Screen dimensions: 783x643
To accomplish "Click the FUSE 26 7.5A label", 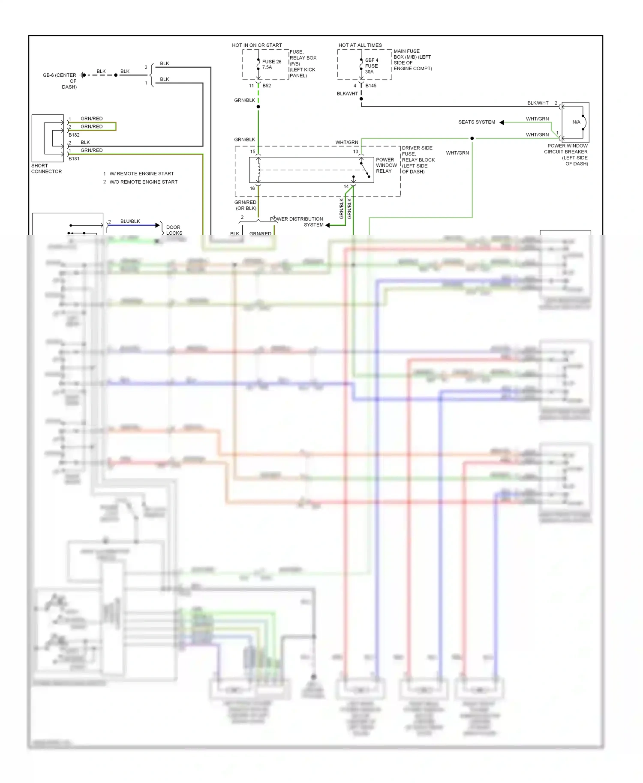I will point(271,64).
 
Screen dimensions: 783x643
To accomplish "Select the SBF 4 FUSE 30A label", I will point(371,66).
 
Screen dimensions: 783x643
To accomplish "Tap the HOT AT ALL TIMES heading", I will point(360,45).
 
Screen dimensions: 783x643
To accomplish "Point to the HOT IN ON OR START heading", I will point(257,45).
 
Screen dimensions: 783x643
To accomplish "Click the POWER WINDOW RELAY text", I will point(386,165).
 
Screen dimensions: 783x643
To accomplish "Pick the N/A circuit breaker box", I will point(576,122).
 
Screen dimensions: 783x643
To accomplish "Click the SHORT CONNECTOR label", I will point(46,168).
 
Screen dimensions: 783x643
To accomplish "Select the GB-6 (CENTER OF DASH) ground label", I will point(60,81).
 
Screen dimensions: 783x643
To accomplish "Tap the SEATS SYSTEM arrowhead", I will point(502,123).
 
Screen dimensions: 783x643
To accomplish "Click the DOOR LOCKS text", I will point(174,230).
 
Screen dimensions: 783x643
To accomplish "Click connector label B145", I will point(371,86).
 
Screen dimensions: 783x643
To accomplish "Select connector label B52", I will point(267,86).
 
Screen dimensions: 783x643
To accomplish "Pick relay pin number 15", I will point(252,152).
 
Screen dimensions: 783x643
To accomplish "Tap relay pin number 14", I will point(346,186).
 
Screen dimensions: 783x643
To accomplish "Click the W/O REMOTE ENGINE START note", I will point(143,182).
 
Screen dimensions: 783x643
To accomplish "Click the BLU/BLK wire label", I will point(130,221).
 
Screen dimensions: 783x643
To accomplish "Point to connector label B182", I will point(74,135).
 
